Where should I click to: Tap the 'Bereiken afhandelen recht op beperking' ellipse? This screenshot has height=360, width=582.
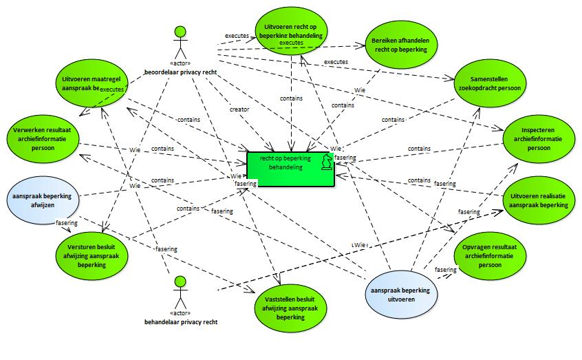pos(401,45)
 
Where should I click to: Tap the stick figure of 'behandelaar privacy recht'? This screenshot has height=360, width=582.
pos(180,293)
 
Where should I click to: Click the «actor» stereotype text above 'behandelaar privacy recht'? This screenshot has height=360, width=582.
pos(180,314)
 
